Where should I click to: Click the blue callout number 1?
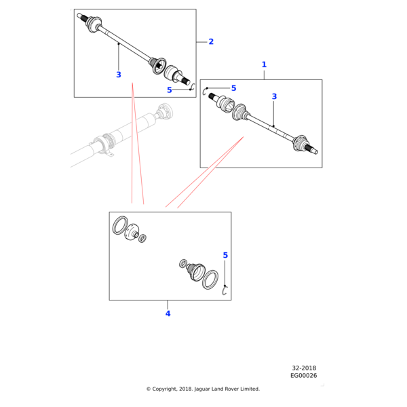(x=264, y=64)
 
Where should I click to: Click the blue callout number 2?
(x=211, y=42)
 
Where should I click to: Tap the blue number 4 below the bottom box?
(x=168, y=313)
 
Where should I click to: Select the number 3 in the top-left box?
(x=119, y=75)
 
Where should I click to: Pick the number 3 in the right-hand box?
(x=274, y=97)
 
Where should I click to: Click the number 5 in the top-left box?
(x=170, y=90)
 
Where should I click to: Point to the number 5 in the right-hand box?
(x=233, y=88)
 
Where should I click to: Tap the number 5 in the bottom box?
(x=225, y=255)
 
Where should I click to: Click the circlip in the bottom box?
(x=227, y=292)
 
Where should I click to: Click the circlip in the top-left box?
(x=193, y=87)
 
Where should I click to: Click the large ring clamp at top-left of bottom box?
(x=119, y=225)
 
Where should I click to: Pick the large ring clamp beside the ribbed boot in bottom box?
(x=210, y=279)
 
